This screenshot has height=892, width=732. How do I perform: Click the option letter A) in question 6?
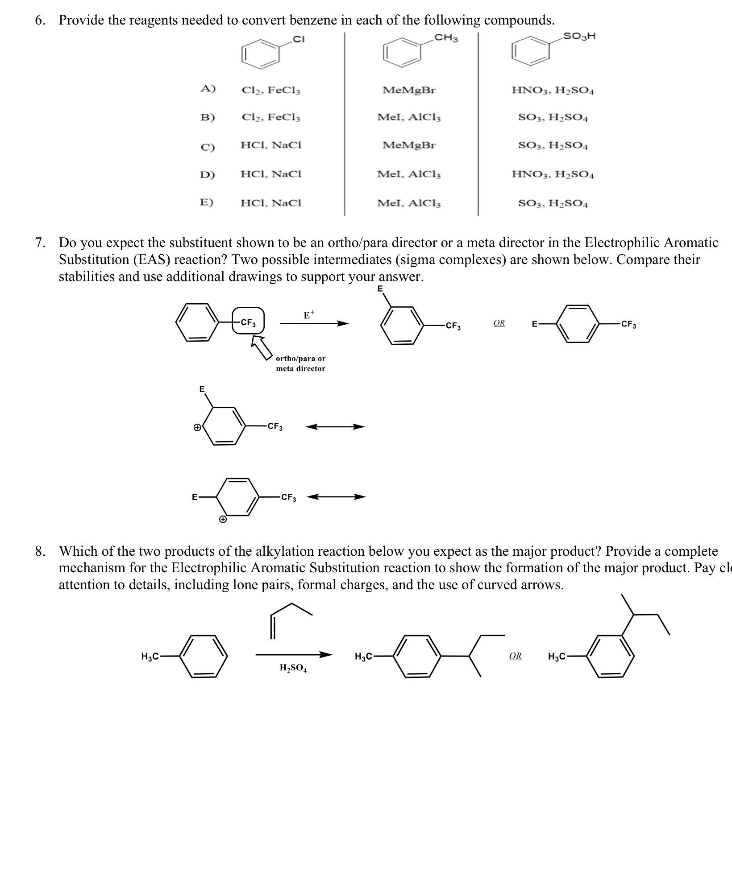208,89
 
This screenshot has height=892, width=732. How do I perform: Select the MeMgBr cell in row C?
409,145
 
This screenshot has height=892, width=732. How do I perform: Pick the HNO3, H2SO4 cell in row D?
553,174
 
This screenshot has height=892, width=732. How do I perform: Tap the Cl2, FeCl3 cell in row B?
271,118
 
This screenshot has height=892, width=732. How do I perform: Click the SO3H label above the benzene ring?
579,36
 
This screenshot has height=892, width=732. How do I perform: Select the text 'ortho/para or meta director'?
300,363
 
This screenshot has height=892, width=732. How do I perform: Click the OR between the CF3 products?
499,323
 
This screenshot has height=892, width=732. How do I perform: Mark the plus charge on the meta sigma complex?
197,427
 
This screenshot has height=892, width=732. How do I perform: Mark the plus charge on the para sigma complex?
222,520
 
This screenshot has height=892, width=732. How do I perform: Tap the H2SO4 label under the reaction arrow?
293,668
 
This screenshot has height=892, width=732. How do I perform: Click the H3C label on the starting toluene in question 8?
150,656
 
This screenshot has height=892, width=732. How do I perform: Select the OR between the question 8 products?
515,656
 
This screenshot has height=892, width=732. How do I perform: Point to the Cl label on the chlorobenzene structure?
298,39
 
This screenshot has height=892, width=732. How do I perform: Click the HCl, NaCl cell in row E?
271,203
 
